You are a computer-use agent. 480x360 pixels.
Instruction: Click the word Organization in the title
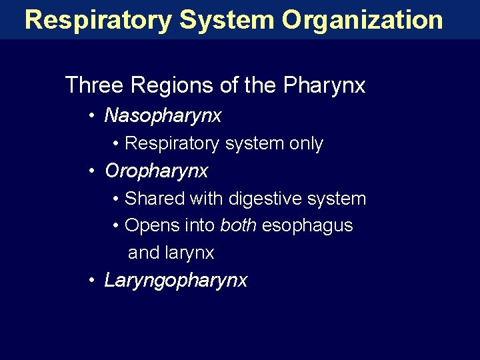click(361, 20)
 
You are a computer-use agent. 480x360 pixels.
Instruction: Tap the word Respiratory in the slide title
click(97, 20)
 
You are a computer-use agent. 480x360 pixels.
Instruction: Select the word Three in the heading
click(93, 85)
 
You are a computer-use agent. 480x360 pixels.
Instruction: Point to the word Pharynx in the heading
click(324, 86)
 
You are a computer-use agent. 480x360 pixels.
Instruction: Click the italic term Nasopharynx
click(163, 116)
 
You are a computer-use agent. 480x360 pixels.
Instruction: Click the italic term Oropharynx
click(156, 171)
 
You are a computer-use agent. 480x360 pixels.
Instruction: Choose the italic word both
click(238, 226)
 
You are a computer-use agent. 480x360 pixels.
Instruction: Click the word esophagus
click(307, 226)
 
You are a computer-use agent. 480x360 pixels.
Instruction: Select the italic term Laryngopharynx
click(175, 281)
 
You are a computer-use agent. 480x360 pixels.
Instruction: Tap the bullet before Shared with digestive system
click(117, 199)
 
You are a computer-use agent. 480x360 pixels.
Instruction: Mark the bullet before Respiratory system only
click(117, 144)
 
